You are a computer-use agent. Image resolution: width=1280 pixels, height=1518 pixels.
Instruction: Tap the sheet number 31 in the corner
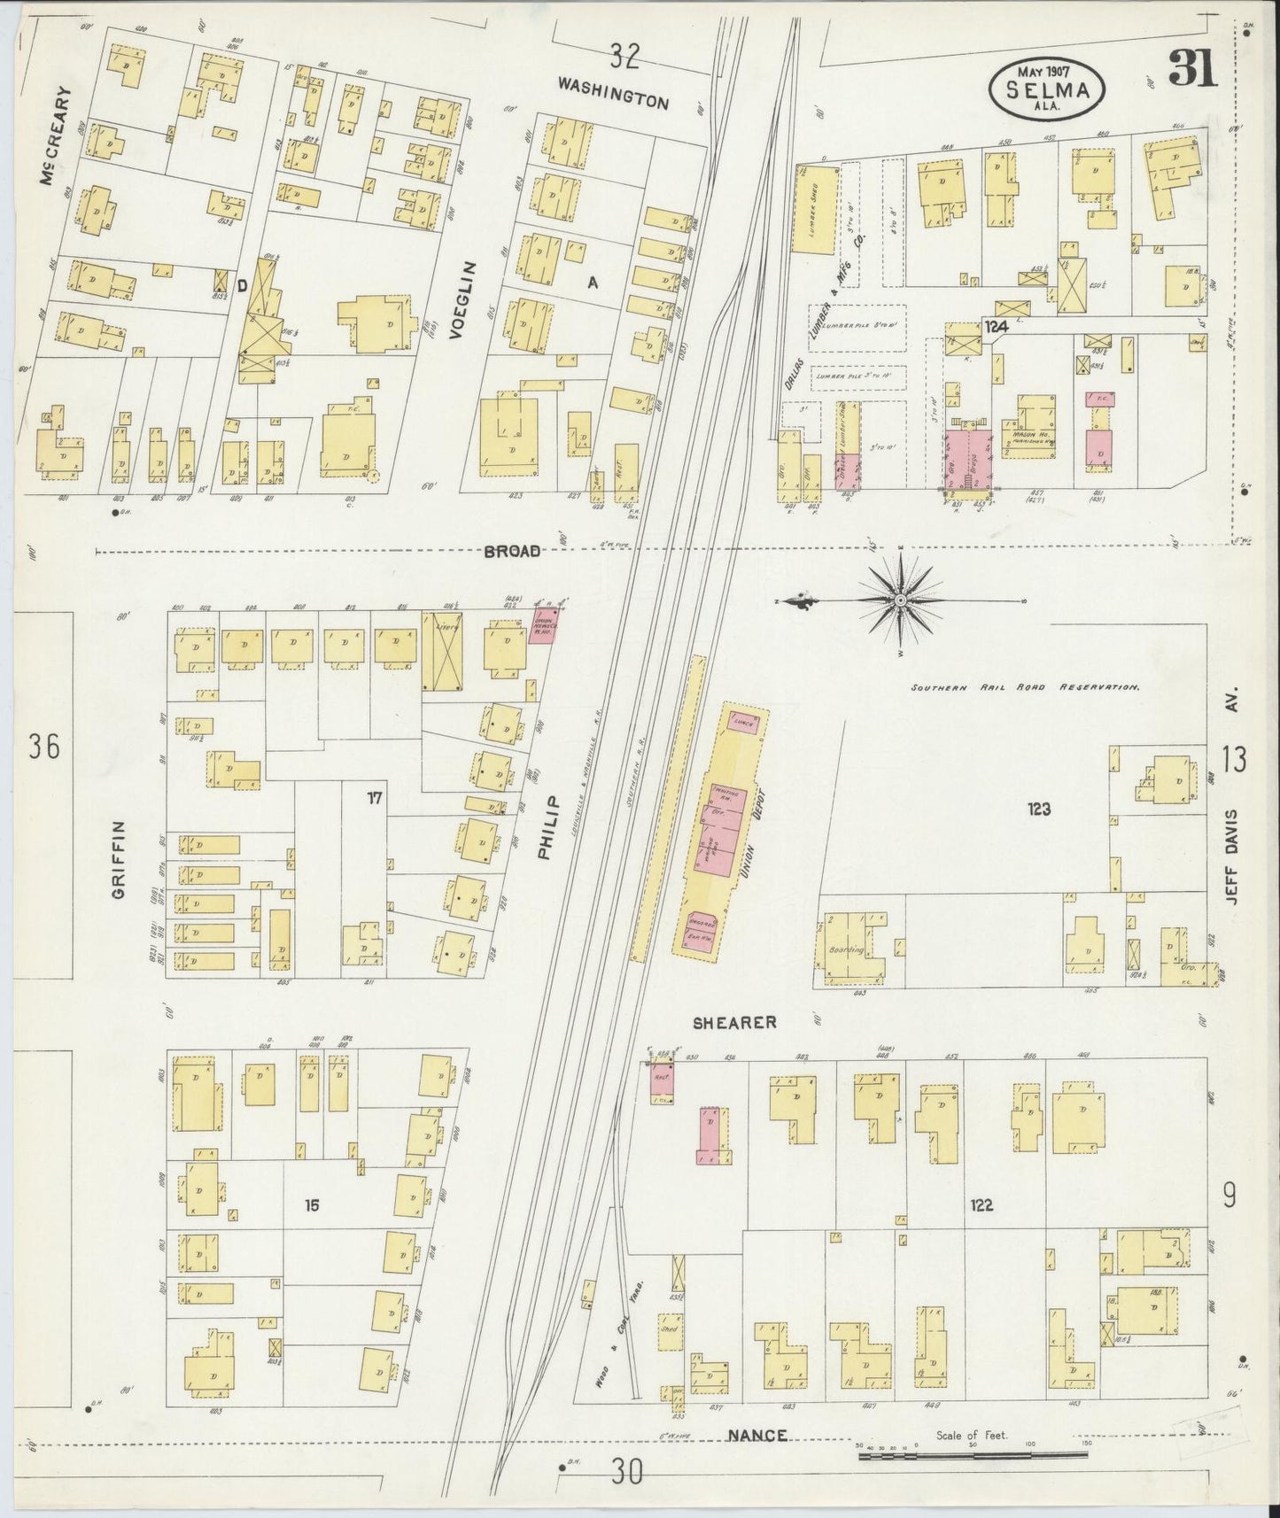1192,68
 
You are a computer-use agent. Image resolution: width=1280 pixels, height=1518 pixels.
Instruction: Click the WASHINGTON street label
613,93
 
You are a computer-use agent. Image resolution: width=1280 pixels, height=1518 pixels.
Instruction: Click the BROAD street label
512,551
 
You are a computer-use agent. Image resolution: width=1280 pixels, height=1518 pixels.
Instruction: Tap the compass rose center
900,600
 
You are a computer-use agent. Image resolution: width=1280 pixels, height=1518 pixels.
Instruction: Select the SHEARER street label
735,1022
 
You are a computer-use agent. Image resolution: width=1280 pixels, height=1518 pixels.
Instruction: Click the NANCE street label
757,1460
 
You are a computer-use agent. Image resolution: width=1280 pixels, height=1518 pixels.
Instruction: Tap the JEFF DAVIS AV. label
1231,845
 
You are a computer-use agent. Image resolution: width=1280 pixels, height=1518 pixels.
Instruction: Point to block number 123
1038,808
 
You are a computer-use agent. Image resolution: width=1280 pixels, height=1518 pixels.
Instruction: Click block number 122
981,1204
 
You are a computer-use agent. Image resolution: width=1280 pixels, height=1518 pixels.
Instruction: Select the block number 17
375,799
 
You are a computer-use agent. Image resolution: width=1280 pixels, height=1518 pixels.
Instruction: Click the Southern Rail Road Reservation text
1025,686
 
